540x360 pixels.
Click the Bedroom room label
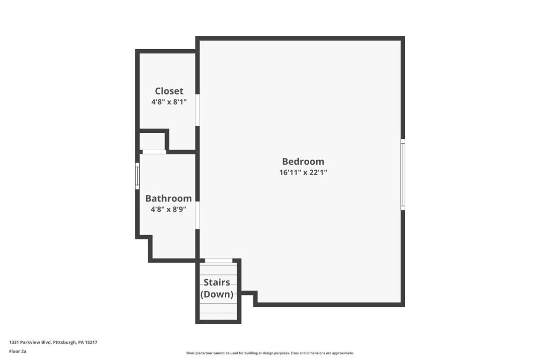(303, 162)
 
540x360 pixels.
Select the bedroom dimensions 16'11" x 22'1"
(303, 173)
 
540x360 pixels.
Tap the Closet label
(169, 91)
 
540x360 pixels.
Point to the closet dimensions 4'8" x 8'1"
(169, 102)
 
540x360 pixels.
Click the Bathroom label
(169, 198)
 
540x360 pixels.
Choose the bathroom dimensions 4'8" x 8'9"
(169, 209)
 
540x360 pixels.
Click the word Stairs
(217, 282)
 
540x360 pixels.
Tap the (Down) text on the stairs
(217, 294)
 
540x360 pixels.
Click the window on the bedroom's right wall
(403, 175)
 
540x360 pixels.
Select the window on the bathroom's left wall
(137, 176)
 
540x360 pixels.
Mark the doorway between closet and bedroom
(197, 110)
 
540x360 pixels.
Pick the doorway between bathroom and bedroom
(197, 215)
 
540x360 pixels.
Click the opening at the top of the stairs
(218, 261)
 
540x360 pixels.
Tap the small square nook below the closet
(152, 141)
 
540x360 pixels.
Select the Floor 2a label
(17, 351)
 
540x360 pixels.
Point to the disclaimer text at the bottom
(270, 353)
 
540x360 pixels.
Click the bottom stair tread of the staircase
(218, 316)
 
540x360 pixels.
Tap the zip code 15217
(91, 342)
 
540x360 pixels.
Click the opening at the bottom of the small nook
(154, 152)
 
